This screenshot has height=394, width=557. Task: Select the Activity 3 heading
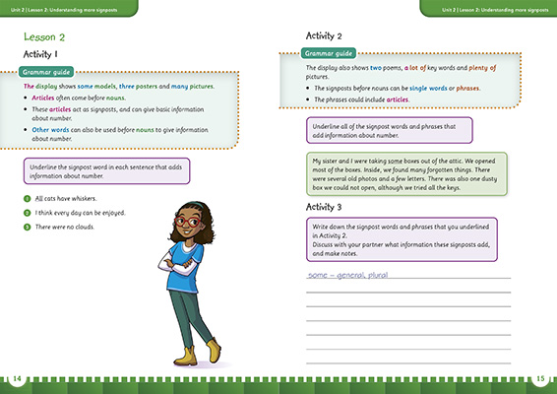[x=330, y=208]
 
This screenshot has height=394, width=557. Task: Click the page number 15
[x=541, y=380]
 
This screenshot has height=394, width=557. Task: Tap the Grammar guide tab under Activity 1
[x=50, y=73]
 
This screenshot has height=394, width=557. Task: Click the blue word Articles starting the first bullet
[x=45, y=98]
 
